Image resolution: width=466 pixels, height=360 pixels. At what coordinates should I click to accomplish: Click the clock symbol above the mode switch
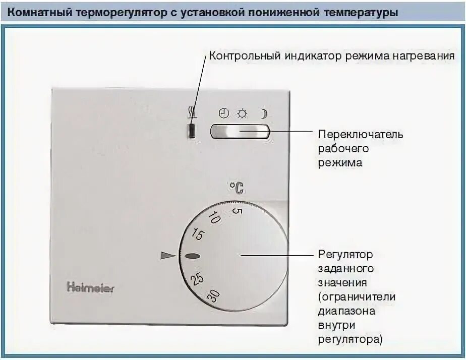coord(223,113)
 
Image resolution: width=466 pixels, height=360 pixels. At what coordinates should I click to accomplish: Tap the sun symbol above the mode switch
coord(242,113)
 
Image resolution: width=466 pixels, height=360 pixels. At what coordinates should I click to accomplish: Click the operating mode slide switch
coord(240,132)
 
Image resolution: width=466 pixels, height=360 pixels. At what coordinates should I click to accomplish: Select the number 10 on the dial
coord(214,218)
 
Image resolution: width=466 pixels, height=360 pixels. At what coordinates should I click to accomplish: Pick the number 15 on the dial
coord(198,234)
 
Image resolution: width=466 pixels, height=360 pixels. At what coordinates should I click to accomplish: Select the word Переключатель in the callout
coord(360,135)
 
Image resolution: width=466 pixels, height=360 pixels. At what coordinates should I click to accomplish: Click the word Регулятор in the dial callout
coord(345,255)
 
